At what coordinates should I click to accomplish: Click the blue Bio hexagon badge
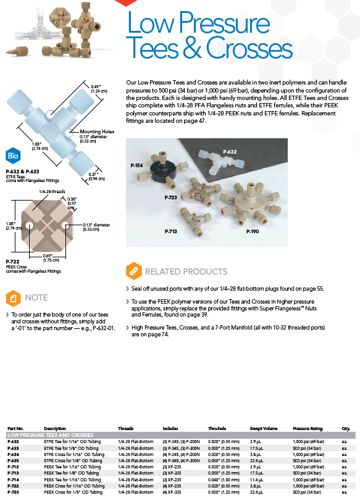[13, 156]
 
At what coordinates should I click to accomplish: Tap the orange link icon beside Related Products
[134, 271]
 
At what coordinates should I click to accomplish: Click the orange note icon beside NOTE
[14, 298]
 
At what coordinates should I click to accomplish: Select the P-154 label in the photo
[136, 165]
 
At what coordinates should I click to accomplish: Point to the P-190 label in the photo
[253, 231]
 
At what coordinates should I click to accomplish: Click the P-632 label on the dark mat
[230, 152]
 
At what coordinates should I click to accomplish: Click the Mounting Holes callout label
[97, 131]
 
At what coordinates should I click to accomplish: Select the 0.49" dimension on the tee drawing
[96, 87]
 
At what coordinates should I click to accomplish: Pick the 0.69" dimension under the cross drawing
[48, 256]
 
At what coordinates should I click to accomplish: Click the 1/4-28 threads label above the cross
[52, 191]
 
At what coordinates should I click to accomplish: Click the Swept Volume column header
[264, 428]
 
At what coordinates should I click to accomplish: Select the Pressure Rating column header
[308, 428]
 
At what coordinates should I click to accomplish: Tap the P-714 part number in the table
[14, 479]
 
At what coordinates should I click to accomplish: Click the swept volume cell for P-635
[256, 460]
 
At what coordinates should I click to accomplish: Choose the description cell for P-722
[74, 486]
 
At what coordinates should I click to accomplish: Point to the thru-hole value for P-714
[224, 479]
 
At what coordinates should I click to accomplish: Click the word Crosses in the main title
[249, 48]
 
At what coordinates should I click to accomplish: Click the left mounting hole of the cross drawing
[30, 226]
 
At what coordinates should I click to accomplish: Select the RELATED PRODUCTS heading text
[186, 272]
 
